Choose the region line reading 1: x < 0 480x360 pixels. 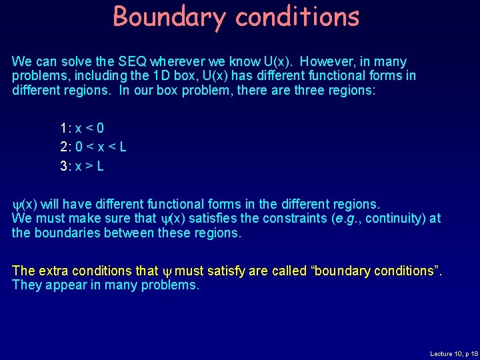click(81, 128)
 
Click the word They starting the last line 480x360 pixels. click(26, 285)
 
